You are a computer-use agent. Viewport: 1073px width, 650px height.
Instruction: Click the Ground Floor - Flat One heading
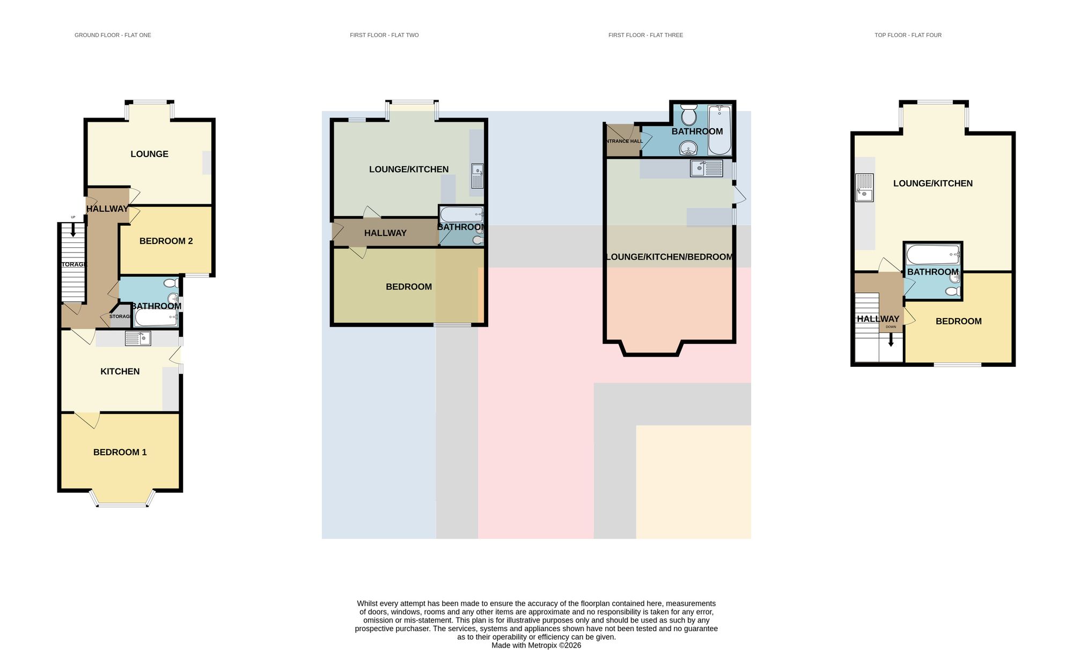[x=113, y=35]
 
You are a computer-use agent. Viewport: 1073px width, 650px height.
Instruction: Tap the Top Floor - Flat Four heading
[x=908, y=35]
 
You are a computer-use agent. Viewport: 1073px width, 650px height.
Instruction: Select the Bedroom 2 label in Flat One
[x=166, y=241]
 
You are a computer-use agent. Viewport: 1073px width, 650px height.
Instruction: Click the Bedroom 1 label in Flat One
[x=120, y=452]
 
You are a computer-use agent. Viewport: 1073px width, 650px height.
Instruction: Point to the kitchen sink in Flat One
[x=138, y=338]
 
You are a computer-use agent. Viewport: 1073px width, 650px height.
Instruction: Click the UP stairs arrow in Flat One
[x=73, y=230]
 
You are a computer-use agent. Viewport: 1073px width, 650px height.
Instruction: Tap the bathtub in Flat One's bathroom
[x=156, y=318]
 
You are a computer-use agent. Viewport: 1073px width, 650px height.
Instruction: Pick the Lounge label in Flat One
[x=149, y=154]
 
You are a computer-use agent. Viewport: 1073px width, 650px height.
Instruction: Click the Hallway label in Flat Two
[x=385, y=233]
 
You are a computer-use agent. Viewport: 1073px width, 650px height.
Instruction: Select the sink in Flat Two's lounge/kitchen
[x=477, y=176]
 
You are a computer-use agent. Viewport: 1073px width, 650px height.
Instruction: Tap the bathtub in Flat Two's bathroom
[x=461, y=215]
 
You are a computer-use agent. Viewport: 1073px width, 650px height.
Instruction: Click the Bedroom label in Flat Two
[x=409, y=287]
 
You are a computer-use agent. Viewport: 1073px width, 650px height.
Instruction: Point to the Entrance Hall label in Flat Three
[x=623, y=141]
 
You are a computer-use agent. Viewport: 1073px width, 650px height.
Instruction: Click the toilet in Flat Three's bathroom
[x=688, y=114]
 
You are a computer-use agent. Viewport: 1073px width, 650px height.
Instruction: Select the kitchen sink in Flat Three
[x=707, y=168]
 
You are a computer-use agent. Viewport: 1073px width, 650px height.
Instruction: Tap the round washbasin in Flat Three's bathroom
[x=688, y=147]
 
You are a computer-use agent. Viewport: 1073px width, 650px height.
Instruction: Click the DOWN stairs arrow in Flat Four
[x=891, y=339]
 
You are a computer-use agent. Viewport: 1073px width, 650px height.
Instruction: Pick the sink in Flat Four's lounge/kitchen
[x=864, y=187]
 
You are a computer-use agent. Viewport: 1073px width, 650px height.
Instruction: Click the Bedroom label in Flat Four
[x=959, y=321]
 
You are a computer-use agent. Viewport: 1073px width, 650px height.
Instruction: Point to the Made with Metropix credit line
[x=536, y=646]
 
